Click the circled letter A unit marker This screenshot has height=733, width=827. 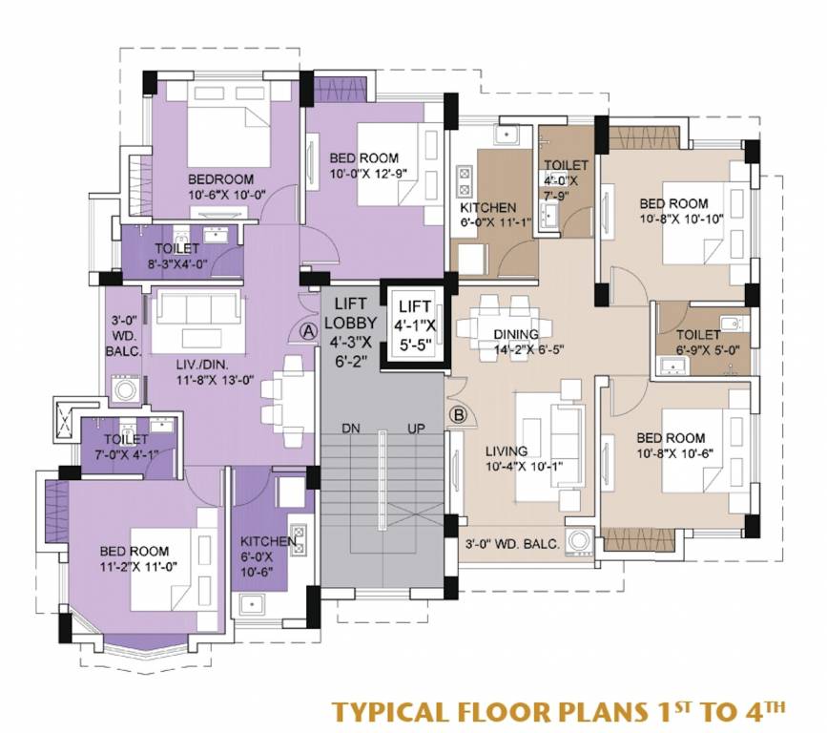click(308, 330)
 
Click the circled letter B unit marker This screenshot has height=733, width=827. click(457, 415)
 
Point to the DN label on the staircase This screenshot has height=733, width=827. click(351, 429)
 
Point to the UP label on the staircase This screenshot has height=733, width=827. click(415, 429)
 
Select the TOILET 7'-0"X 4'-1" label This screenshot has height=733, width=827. click(126, 447)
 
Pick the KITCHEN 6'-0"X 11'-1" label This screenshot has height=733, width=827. click(488, 216)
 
